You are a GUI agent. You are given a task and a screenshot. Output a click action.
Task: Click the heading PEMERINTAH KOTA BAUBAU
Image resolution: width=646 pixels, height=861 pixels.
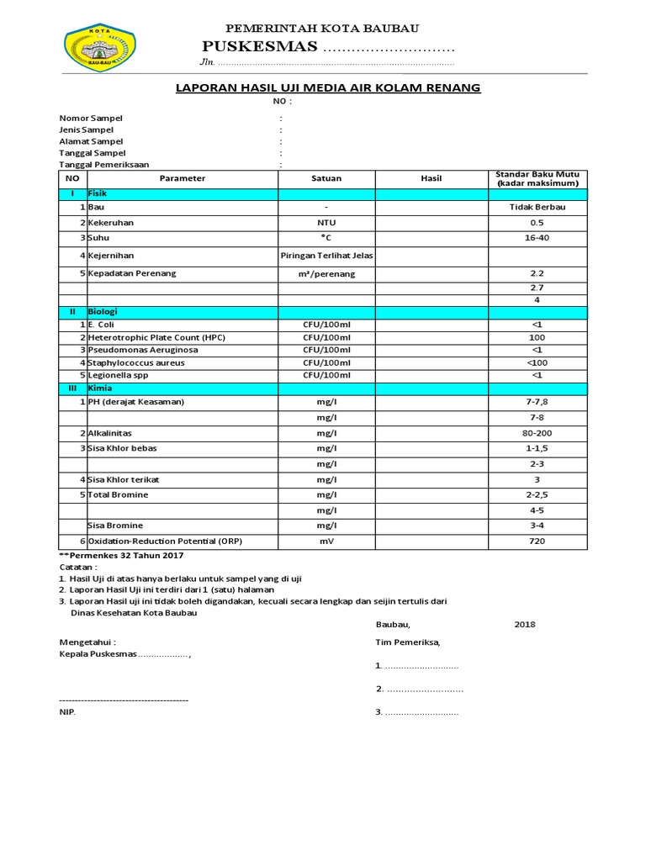[x=323, y=29]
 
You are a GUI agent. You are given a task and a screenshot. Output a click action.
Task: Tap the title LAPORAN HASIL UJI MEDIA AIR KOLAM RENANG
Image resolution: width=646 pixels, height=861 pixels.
[x=327, y=87]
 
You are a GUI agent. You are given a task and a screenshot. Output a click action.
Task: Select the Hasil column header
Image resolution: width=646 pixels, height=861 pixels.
[x=431, y=178]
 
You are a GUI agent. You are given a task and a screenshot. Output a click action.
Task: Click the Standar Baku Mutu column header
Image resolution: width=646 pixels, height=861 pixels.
[x=537, y=178]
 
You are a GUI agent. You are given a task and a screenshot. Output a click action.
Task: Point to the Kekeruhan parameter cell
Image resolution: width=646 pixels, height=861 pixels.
[x=111, y=223]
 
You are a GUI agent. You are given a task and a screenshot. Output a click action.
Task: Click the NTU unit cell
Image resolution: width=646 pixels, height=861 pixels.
[x=326, y=223]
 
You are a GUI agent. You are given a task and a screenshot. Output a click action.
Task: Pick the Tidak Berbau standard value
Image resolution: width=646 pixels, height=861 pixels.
[x=537, y=207]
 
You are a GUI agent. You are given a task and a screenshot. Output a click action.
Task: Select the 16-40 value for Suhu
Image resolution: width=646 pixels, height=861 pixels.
[x=537, y=238]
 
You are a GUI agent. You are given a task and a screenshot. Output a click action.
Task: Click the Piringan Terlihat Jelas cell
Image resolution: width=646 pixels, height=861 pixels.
[x=326, y=256]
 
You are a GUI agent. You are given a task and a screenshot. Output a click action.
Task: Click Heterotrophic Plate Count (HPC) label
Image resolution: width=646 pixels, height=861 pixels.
[x=156, y=337]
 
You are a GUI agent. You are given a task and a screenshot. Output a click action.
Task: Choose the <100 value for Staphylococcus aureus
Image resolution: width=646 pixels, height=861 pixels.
[x=537, y=362]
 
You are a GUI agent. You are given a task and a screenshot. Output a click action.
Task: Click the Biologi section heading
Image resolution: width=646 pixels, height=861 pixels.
[x=103, y=311]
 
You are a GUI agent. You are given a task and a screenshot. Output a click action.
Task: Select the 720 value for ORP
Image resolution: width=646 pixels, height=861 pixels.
[x=537, y=541]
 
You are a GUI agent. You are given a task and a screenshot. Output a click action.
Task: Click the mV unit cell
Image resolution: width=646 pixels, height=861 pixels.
[x=326, y=541]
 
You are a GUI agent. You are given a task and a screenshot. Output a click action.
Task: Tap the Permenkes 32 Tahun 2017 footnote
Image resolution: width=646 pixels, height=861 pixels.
[x=121, y=556]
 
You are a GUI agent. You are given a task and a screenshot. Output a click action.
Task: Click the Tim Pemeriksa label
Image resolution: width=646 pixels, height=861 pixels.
[x=407, y=642]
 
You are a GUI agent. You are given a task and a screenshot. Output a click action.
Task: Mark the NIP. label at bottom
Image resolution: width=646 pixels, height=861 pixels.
[x=66, y=712]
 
